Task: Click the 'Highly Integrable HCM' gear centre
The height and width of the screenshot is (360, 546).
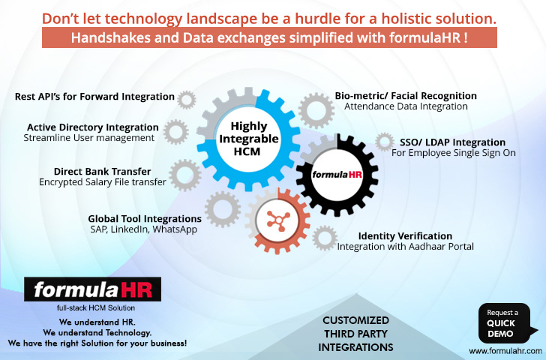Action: pos(248,139)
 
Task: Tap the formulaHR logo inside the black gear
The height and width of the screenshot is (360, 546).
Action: pos(337,174)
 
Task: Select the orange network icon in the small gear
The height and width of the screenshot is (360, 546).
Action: pos(277,220)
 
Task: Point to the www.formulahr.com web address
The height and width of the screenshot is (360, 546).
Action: pos(505,350)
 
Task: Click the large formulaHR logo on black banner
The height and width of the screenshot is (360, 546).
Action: pos(93,289)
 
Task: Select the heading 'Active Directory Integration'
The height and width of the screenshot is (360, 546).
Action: pos(93,127)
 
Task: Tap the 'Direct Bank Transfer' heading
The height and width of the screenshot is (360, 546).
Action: pos(102,171)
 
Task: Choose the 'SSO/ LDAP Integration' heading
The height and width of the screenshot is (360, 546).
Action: pos(452,142)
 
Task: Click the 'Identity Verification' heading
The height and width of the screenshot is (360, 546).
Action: pos(405,235)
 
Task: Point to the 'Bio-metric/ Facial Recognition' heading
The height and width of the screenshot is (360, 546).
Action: pos(406,96)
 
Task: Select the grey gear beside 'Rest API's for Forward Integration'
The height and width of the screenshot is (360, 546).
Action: pos(186,100)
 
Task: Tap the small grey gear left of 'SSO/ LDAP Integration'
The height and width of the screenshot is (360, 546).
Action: pos(385,142)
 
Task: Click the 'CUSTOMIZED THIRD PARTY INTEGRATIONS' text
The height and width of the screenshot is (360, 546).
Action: pos(355,334)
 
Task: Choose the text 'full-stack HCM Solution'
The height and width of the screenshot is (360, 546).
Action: pos(96,307)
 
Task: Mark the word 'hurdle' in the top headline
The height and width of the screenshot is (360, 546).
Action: pos(318,19)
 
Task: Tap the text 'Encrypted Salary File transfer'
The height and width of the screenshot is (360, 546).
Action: pos(102,182)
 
